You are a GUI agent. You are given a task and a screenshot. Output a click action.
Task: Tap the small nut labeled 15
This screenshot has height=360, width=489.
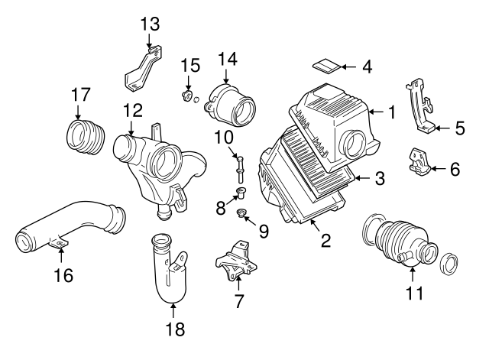click(186, 97)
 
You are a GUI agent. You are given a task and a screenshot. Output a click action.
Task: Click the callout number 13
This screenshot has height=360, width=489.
click(150, 23)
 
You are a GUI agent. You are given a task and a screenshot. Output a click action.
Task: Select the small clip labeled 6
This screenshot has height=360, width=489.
click(419, 159)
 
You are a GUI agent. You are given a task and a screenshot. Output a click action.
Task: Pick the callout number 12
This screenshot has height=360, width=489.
click(132, 110)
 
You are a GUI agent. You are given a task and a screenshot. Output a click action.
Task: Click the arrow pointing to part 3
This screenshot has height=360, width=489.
click(362, 180)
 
